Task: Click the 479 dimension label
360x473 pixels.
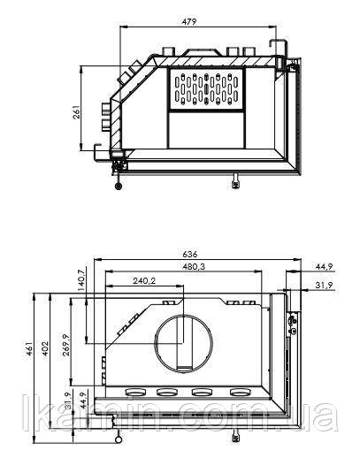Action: point(189,22)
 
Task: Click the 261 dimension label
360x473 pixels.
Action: point(77,112)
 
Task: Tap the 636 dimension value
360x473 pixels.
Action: point(190,255)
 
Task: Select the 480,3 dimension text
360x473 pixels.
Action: point(194,267)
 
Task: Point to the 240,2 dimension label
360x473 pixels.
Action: point(144,281)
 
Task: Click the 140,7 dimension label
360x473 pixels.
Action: point(80,280)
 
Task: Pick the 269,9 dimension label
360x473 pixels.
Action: point(66,345)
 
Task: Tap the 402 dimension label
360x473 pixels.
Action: point(44,348)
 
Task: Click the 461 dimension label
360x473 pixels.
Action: point(28,348)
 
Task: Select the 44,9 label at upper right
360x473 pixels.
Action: point(324,267)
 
